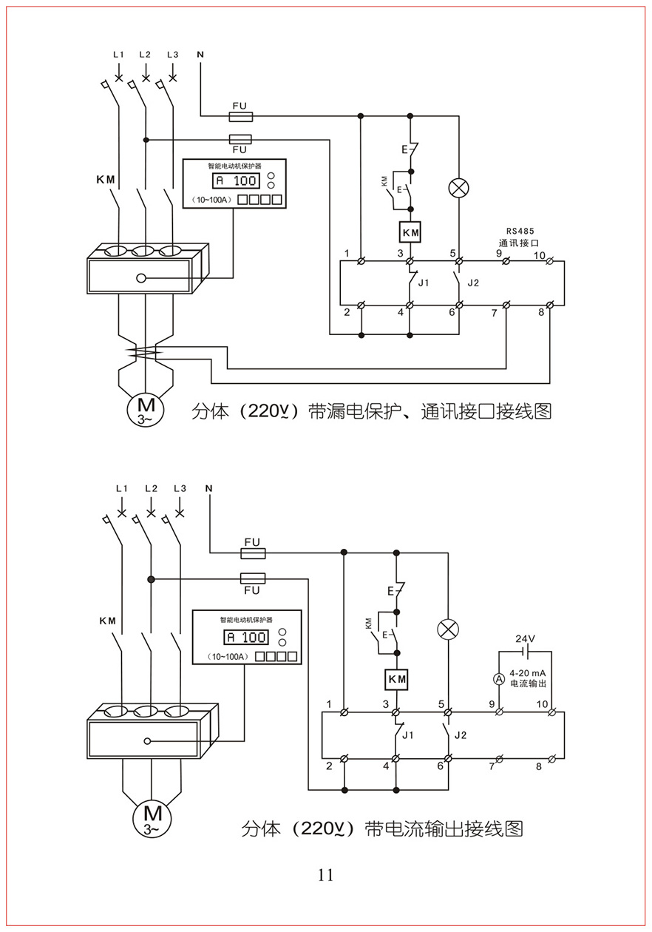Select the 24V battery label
tap(526, 638)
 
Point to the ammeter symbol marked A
tap(499, 678)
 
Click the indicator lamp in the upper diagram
tap(459, 189)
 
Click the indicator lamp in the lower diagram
tap(449, 629)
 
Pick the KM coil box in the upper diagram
tap(410, 232)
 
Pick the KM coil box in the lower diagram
tap(398, 679)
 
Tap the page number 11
tap(325, 875)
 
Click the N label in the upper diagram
tap(200, 55)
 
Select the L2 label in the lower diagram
tap(151, 488)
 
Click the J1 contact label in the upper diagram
tap(424, 283)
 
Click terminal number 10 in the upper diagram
tap(540, 255)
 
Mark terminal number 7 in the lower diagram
tap(492, 766)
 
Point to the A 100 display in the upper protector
tap(236, 180)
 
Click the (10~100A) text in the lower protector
tap(227, 656)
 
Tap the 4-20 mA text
tap(527, 672)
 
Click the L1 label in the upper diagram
tap(118, 55)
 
